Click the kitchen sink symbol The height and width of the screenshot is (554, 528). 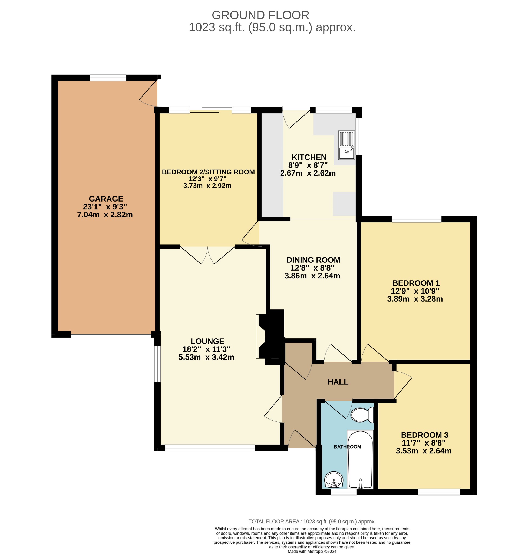point(346,145)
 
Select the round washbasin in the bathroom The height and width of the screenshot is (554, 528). point(334,479)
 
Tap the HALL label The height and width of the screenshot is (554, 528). point(338,382)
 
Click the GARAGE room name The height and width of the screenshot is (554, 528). point(106,199)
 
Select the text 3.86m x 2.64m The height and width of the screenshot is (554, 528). point(312,276)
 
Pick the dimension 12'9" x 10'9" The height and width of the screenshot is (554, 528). point(415,291)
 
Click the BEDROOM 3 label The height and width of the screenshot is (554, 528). point(424,435)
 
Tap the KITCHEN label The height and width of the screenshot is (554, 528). point(309,157)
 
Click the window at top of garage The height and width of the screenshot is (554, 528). point(108,78)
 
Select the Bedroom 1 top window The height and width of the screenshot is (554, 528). point(416,219)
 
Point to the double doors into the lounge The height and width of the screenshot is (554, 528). point(207,255)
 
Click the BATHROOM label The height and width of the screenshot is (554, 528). point(347,447)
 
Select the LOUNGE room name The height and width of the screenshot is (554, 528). point(207,341)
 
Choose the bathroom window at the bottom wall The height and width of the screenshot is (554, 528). point(343,492)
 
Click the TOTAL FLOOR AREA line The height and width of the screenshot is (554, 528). point(312,522)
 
